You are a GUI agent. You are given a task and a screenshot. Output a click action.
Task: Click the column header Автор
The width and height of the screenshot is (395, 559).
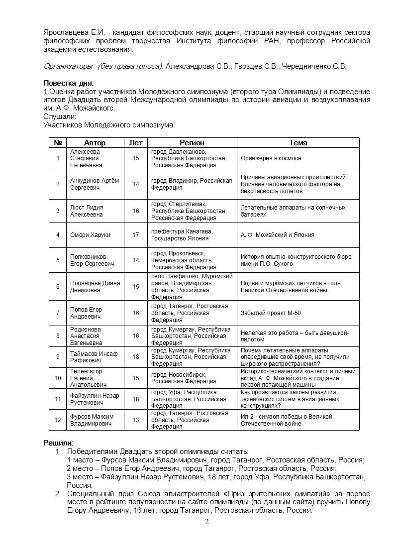pos(95,142)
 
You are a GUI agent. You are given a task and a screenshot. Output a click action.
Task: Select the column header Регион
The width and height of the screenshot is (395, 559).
pos(192,142)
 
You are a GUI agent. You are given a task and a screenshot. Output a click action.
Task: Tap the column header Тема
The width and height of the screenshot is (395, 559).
pos(298,142)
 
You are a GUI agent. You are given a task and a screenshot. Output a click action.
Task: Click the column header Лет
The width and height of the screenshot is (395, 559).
pos(136,142)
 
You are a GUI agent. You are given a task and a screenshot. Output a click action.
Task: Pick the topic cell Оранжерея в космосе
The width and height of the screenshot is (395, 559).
pos(271,158)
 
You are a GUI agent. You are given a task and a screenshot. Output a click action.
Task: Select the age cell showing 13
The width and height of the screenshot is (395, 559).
pos(136,420)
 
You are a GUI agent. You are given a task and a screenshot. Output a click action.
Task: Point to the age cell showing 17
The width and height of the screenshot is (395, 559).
pos(136,234)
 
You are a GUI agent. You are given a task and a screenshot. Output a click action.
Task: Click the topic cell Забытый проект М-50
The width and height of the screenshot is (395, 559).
pos(271,313)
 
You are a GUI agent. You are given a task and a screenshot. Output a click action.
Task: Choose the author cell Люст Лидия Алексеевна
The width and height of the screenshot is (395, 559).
pos(87,211)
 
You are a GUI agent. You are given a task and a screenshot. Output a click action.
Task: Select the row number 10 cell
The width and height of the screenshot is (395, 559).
pos(58,378)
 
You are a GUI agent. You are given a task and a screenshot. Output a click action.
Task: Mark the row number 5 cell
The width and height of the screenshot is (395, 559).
pos(58,260)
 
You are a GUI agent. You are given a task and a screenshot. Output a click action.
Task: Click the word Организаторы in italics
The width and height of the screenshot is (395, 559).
pos(68,66)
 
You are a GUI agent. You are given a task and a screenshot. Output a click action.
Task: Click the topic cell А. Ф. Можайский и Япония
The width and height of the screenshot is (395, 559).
pos(277,234)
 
